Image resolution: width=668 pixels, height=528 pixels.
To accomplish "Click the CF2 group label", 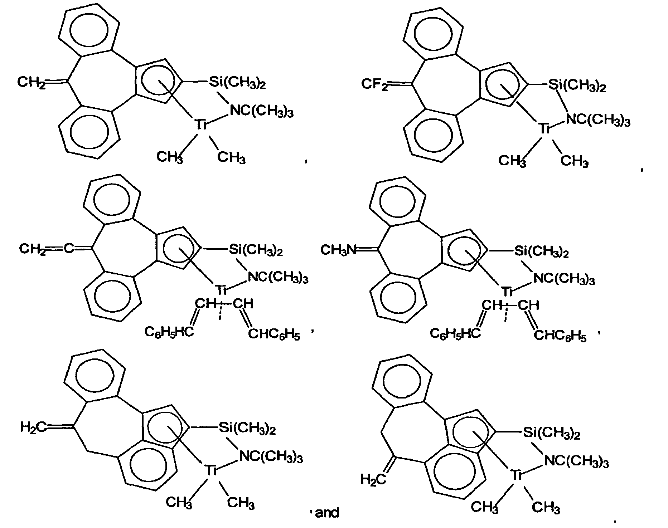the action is (x=374, y=85).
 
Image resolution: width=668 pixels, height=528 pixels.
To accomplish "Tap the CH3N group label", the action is (x=339, y=249).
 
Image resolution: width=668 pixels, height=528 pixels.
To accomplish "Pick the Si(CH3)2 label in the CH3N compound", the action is (x=541, y=252).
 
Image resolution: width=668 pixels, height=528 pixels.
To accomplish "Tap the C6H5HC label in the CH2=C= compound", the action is (x=169, y=332).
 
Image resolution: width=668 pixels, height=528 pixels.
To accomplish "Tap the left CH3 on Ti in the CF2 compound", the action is (x=512, y=161).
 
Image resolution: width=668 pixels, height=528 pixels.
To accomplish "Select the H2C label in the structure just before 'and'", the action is (x=33, y=427).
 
